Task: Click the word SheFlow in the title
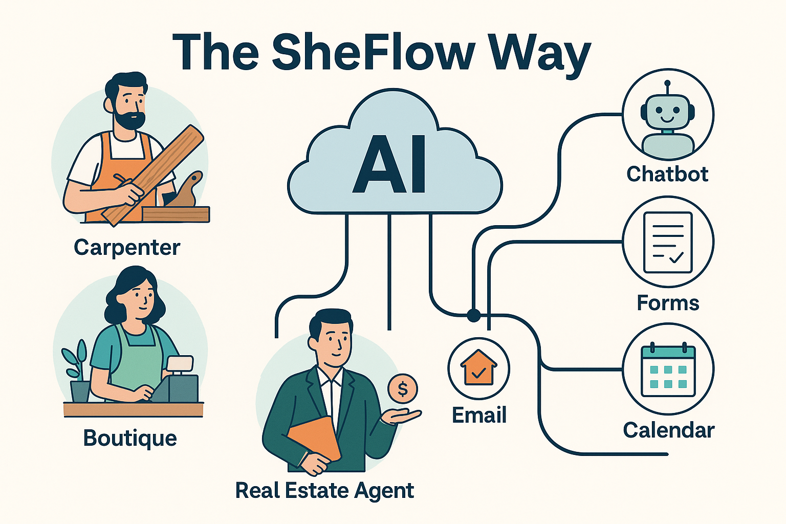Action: (373, 52)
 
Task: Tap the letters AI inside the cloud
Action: (389, 165)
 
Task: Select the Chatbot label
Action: (667, 174)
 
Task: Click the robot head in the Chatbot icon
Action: (667, 114)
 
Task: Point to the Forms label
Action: (668, 303)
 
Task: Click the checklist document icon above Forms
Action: (668, 242)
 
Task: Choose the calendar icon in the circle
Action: (668, 370)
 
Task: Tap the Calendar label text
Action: (668, 430)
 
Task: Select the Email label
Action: (479, 415)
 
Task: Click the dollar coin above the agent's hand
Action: (403, 389)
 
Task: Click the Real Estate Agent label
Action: (324, 490)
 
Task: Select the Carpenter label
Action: (127, 248)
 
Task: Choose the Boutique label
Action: (130, 439)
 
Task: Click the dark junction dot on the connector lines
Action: (473, 315)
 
